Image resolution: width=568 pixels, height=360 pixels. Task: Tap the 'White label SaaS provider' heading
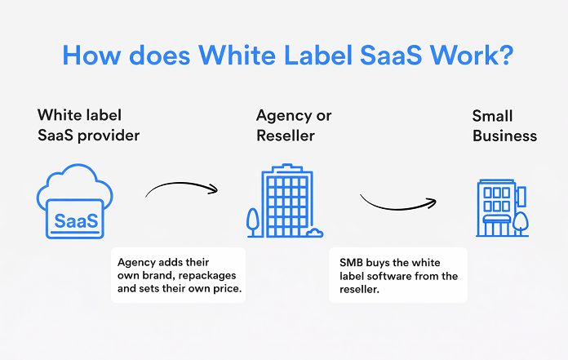coord(89,125)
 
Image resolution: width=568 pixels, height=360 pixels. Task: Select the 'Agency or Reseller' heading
coord(294,125)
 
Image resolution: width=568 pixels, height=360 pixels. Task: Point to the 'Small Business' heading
coord(504,125)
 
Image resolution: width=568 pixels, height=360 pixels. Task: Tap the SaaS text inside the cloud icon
coord(76,220)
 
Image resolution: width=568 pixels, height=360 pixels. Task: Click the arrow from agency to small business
coord(398,202)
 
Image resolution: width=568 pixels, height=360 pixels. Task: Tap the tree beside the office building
coord(253,220)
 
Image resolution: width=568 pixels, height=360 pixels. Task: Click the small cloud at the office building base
coord(313,233)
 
